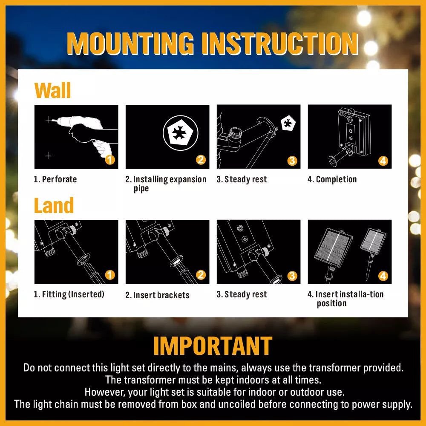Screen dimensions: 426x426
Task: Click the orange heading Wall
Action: (x=52, y=90)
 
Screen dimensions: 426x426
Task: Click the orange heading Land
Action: (x=54, y=205)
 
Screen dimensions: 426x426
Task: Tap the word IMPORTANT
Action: (x=213, y=345)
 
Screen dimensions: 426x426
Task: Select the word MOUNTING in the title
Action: (x=130, y=43)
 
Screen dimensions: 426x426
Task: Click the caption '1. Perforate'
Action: (x=55, y=179)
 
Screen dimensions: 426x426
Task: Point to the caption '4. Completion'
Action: (x=332, y=179)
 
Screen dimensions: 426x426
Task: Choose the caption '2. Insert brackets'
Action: (x=157, y=295)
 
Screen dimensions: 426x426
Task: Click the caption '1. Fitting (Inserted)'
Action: (x=69, y=294)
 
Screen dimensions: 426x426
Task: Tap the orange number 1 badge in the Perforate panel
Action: (x=110, y=160)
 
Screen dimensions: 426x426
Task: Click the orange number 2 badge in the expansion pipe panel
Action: (x=201, y=160)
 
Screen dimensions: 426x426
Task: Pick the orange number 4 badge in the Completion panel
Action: (x=383, y=161)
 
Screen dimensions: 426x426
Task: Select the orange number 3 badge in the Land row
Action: (x=292, y=276)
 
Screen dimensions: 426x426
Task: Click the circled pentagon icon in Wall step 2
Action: (x=180, y=133)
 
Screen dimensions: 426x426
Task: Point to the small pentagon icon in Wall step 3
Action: (x=288, y=124)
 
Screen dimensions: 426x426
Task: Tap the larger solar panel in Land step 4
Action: (x=333, y=247)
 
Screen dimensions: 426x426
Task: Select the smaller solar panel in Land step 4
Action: (x=373, y=242)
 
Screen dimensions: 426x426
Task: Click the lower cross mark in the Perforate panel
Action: (x=49, y=156)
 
